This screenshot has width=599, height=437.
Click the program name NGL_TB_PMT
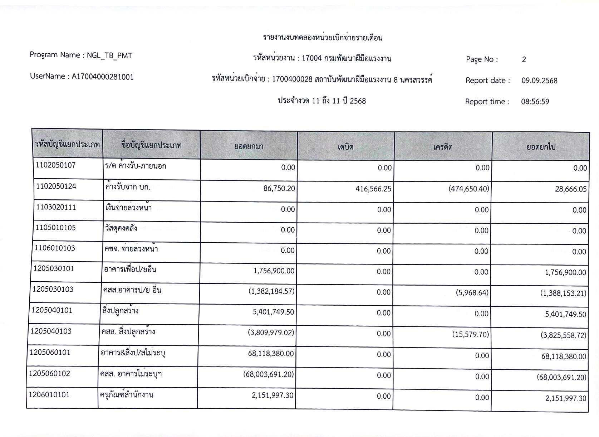[109, 55]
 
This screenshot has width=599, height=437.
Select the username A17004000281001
[103, 77]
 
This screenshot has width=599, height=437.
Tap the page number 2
[524, 60]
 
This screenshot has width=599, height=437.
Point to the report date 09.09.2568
[539, 81]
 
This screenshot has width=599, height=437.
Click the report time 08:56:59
[535, 102]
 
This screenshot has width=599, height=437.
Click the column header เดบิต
[345, 147]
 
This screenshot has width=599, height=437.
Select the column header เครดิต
[443, 147]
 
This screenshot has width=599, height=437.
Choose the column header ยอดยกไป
[541, 147]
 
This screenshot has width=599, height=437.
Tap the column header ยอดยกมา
[248, 146]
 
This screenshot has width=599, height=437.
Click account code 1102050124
[56, 186]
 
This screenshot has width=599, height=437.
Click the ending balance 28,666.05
[571, 189]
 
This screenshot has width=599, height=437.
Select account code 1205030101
[54, 269]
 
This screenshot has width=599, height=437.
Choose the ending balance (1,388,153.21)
[563, 293]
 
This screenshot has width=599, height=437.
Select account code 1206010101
[49, 395]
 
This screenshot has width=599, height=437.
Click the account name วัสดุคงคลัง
[121, 228]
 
